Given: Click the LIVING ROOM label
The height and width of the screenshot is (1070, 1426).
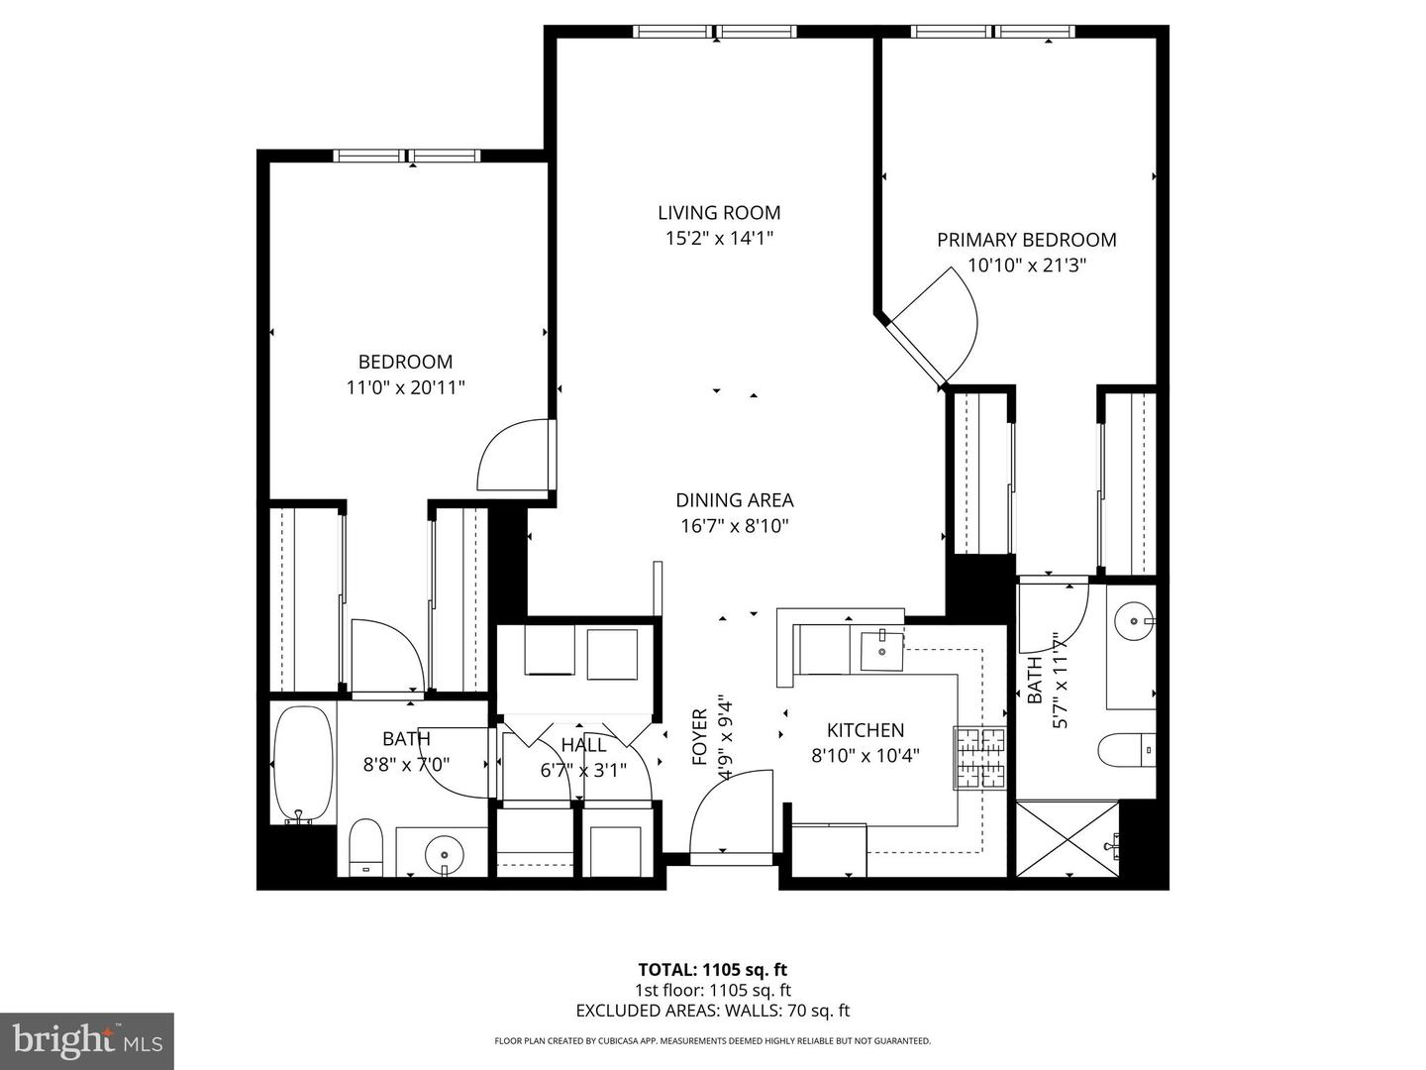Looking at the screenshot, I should coord(719,212).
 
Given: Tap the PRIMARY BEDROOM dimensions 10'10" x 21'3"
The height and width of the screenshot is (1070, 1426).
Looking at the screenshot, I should coord(1027,266).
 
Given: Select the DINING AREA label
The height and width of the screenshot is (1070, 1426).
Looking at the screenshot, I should coord(734,500).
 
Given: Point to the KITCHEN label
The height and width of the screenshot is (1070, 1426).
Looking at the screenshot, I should coord(865,730).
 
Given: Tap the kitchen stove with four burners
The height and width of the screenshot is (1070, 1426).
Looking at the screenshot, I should coord(979,758).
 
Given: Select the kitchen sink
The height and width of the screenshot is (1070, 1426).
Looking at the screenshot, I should coord(880,651).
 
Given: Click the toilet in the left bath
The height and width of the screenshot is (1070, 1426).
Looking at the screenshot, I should coord(365,847).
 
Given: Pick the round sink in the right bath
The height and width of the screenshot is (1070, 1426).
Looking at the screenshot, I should coord(1132,622).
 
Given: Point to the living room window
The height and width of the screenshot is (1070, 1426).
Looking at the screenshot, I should coord(715,32).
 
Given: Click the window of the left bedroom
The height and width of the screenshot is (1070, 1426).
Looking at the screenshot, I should coord(406,156).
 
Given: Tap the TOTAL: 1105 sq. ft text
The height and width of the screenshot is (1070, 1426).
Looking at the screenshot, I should coord(712,970).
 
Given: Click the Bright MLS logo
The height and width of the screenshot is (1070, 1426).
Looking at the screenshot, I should coord(86,1041).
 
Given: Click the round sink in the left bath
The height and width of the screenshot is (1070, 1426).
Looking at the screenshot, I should coord(442,851).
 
